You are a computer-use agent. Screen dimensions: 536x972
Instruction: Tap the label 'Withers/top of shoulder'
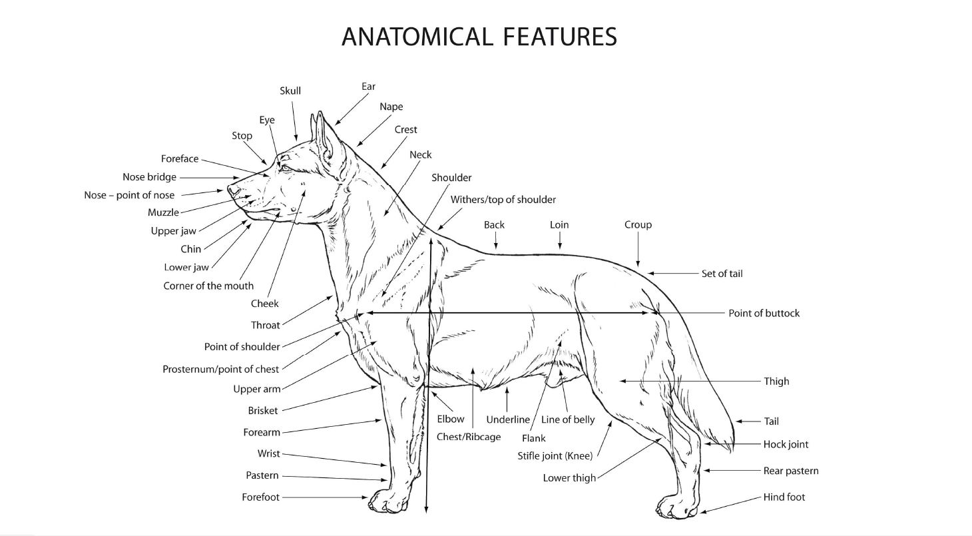tap(503, 200)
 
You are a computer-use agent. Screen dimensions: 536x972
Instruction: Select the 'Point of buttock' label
tap(764, 313)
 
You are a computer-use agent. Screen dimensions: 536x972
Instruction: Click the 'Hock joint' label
tap(786, 444)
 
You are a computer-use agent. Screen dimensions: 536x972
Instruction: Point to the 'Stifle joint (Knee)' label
tap(555, 456)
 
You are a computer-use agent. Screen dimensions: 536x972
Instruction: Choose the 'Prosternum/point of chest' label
tap(220, 369)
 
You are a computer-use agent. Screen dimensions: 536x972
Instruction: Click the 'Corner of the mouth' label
tap(208, 286)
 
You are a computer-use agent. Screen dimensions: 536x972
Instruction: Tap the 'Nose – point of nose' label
tap(129, 195)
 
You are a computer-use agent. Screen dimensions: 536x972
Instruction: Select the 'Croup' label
tap(638, 224)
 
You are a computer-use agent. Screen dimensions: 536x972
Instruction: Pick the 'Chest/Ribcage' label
tap(469, 437)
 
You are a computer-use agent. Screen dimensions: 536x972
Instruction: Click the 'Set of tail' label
tap(722, 274)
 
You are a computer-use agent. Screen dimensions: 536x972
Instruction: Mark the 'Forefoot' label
tap(261, 497)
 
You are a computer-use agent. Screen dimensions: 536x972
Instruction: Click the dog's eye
tap(286, 168)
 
